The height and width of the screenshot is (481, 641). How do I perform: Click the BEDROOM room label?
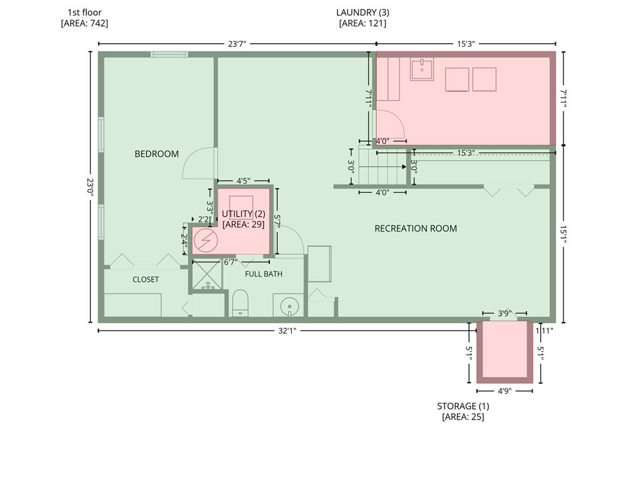(x=156, y=154)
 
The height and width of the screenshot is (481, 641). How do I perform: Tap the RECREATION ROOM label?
(x=416, y=228)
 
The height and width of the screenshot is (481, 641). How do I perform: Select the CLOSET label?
(x=145, y=279)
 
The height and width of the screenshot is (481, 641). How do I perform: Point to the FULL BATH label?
(x=264, y=274)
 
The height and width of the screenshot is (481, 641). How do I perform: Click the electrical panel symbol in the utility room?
(x=205, y=240)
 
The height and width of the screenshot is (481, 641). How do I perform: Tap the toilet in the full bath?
(x=240, y=303)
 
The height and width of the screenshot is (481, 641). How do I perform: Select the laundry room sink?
(x=422, y=70)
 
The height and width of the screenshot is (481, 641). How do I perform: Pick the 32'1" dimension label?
(x=287, y=331)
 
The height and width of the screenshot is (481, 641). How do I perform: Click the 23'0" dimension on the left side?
(x=90, y=187)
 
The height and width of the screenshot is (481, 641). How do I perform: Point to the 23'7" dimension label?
(x=237, y=44)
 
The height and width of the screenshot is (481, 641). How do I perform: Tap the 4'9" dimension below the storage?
(x=505, y=391)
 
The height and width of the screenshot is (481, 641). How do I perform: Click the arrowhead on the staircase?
(x=404, y=167)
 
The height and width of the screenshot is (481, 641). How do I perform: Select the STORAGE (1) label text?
(x=463, y=406)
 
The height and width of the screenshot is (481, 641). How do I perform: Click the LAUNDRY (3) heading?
(x=362, y=13)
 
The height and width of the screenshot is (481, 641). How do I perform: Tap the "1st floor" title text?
(x=85, y=13)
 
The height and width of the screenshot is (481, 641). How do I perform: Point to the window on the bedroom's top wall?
(x=169, y=54)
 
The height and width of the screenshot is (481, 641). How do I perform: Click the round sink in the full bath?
(x=289, y=306)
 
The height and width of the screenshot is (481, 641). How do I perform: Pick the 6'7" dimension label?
(x=230, y=262)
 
